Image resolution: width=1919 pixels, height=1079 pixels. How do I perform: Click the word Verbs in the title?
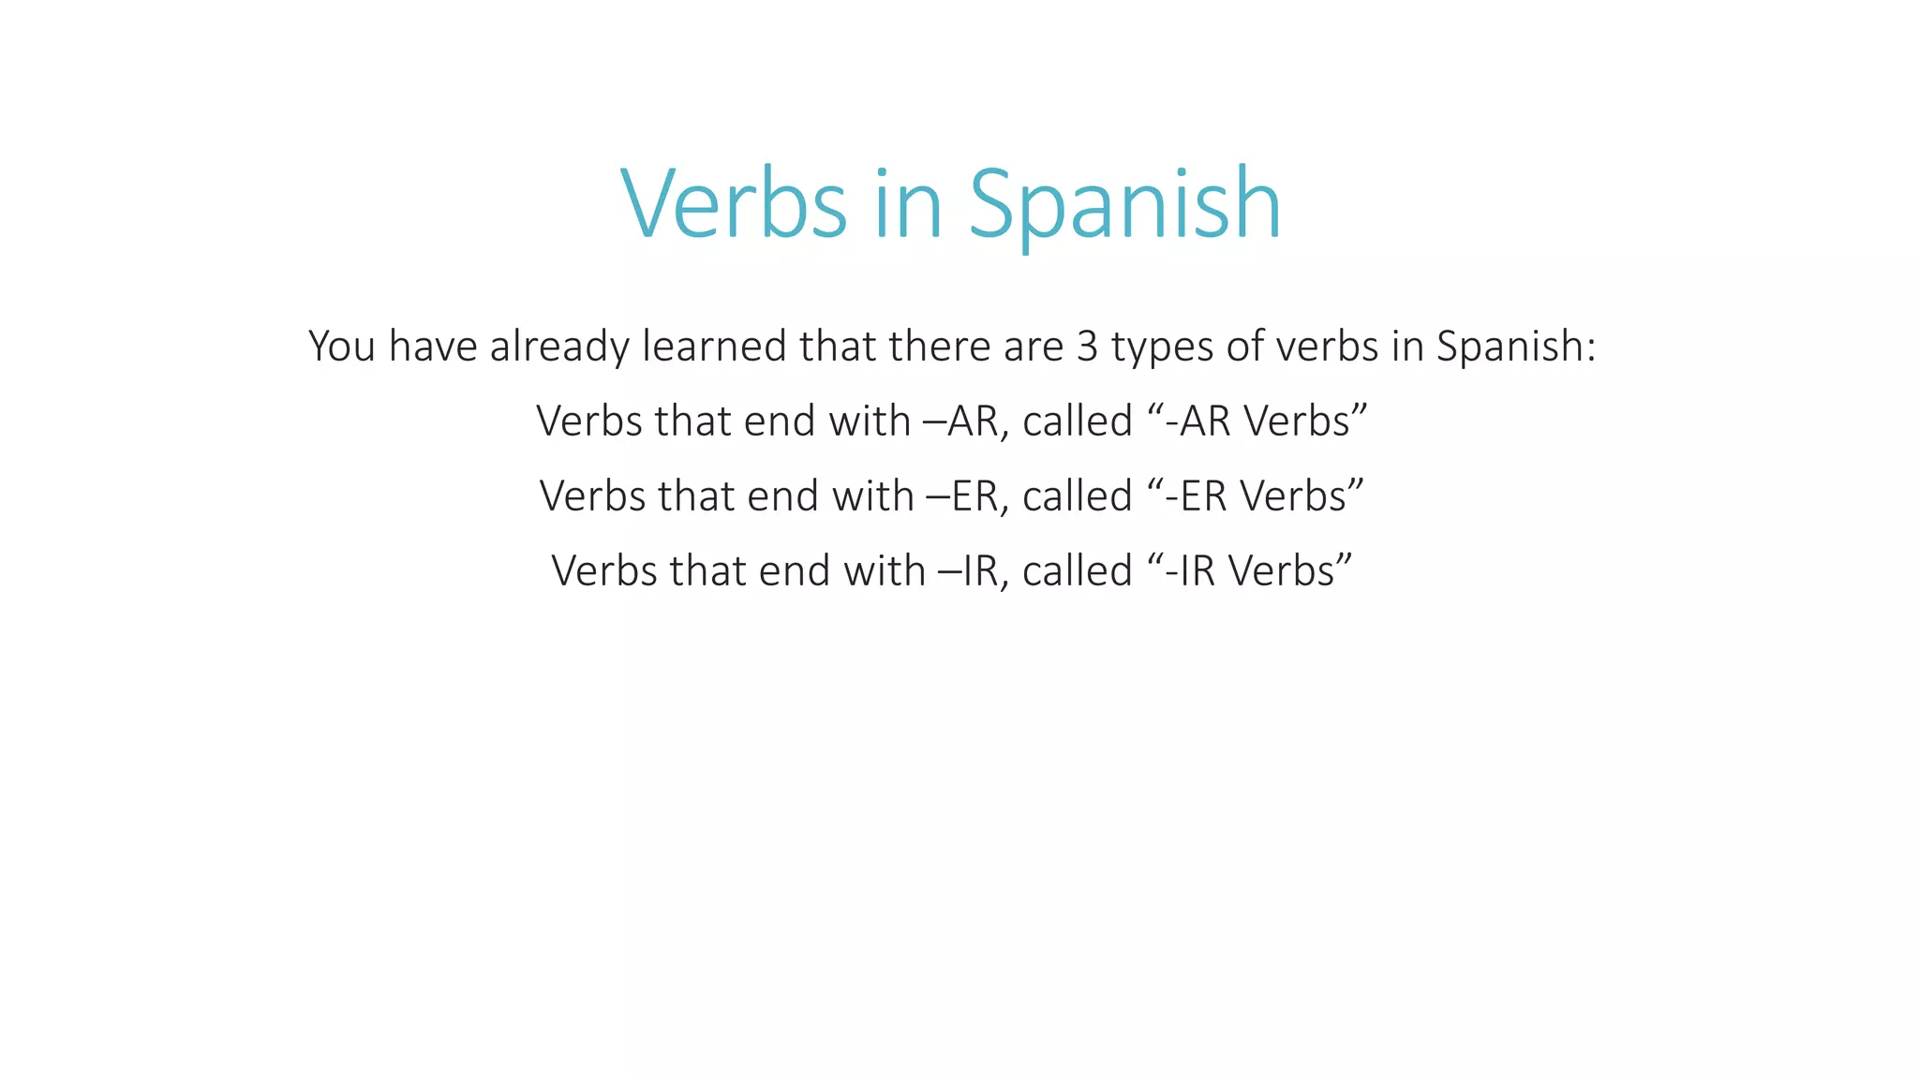(734, 203)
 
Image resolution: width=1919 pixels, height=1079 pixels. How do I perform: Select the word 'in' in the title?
(907, 203)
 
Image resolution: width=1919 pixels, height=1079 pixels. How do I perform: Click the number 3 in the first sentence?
(1087, 347)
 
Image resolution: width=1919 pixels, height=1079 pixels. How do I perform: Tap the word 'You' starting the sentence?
(342, 347)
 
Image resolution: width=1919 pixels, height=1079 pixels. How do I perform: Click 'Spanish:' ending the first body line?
(1516, 347)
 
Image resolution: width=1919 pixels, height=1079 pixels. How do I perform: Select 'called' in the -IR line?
(1078, 571)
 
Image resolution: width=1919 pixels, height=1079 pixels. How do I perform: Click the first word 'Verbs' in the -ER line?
(592, 496)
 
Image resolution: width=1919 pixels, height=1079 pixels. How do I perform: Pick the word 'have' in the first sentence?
(433, 347)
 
